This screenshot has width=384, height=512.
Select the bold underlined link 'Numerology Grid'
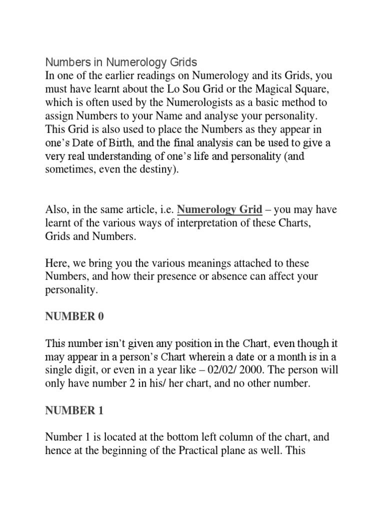(220, 209)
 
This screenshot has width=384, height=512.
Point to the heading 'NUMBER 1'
(74, 411)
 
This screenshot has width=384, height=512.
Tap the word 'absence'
(240, 276)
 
